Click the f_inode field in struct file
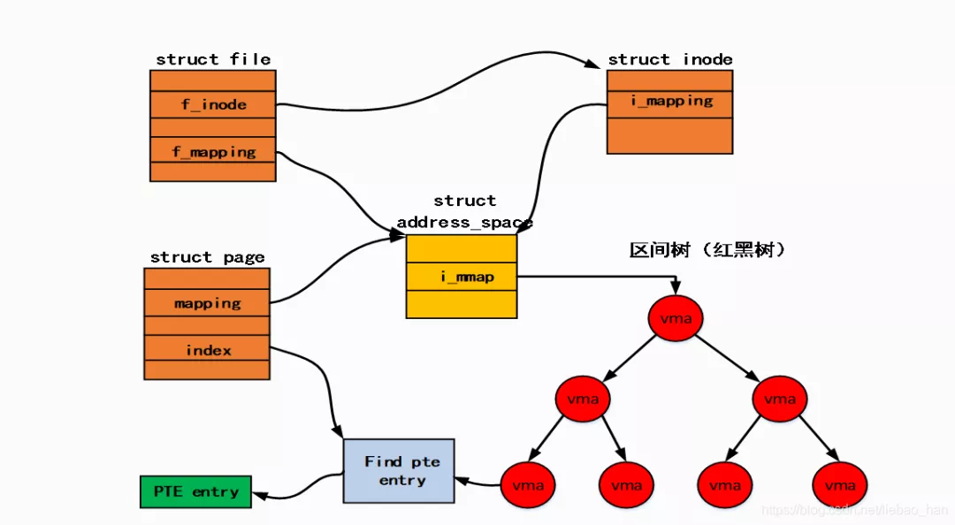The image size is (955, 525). pyautogui.click(x=213, y=104)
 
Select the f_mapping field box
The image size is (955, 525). pyautogui.click(x=213, y=151)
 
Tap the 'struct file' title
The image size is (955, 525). pyautogui.click(x=213, y=59)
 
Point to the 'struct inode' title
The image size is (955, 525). pyautogui.click(x=670, y=59)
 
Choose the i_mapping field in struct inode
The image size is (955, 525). pyautogui.click(x=670, y=101)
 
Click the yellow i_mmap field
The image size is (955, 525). pyautogui.click(x=461, y=277)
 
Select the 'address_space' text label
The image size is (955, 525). pyautogui.click(x=464, y=222)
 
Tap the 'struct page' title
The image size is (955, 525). pyautogui.click(x=207, y=257)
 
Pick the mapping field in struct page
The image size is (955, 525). pyautogui.click(x=207, y=303)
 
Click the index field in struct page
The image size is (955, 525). pyautogui.click(x=207, y=350)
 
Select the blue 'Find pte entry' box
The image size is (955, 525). pyautogui.click(x=398, y=471)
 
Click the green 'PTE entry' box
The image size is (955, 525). pyautogui.click(x=195, y=491)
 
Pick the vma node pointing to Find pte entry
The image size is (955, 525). pyautogui.click(x=527, y=484)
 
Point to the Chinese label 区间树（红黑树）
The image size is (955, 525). pyautogui.click(x=707, y=251)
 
